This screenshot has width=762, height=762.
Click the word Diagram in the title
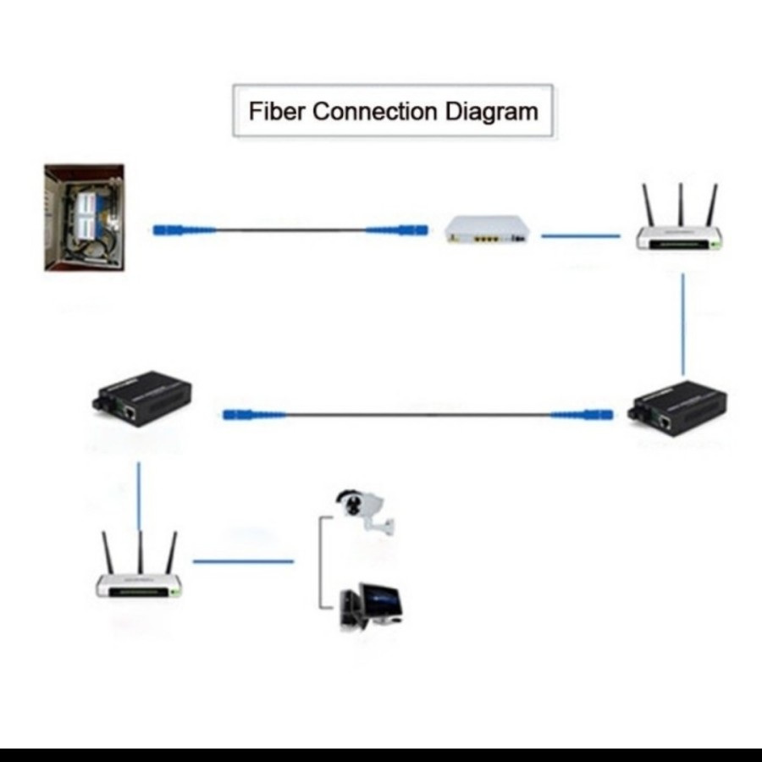click(x=499, y=111)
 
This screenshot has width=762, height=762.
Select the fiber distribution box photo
click(x=84, y=218)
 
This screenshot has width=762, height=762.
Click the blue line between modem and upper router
click(x=581, y=235)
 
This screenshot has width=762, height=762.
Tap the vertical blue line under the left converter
click(x=140, y=496)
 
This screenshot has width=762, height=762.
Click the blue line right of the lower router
click(x=244, y=560)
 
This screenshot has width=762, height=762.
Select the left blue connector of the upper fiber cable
click(x=185, y=229)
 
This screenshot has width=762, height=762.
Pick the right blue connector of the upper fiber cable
click(x=397, y=229)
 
